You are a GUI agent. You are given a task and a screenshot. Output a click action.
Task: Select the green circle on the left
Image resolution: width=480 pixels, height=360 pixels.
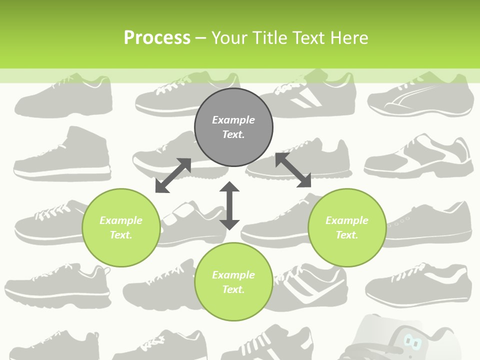pyautogui.click(x=121, y=227)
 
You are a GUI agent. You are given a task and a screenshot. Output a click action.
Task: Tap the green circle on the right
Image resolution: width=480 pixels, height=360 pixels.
pyautogui.click(x=347, y=227)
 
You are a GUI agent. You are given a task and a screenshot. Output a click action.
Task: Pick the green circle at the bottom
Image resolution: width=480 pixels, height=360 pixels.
pyautogui.click(x=233, y=282)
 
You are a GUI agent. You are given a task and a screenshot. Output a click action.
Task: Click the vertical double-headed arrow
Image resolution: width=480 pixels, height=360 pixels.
pyautogui.click(x=229, y=205)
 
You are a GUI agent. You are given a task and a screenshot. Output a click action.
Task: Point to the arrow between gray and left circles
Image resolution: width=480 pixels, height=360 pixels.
pyautogui.click(x=173, y=175)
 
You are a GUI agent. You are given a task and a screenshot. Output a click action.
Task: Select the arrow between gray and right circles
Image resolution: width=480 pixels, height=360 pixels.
pyautogui.click(x=293, y=170)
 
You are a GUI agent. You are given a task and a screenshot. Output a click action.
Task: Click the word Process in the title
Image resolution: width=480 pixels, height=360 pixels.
pyautogui.click(x=157, y=38)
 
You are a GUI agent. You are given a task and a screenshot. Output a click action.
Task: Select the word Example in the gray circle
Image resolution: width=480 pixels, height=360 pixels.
pyautogui.click(x=233, y=120)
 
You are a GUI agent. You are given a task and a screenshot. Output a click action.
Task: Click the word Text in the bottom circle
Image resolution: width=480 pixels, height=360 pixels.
pyautogui.click(x=232, y=289)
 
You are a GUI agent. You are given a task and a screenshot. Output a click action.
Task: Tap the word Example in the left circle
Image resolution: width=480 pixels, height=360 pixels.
pyautogui.click(x=121, y=220)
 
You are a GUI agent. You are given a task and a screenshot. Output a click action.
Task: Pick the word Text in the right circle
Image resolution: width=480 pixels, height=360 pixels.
pyautogui.click(x=346, y=235)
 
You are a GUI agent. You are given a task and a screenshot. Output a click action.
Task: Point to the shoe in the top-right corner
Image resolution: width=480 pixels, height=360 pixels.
pyautogui.click(x=421, y=97)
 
